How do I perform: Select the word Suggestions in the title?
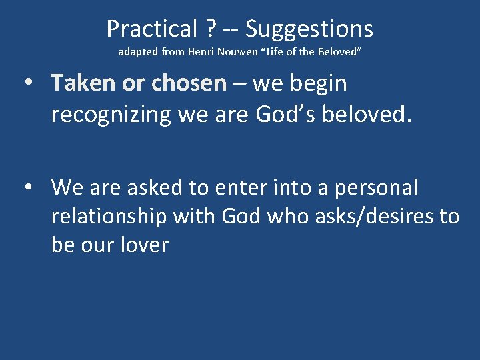pos(309,29)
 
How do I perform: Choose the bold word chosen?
pos(189,84)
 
